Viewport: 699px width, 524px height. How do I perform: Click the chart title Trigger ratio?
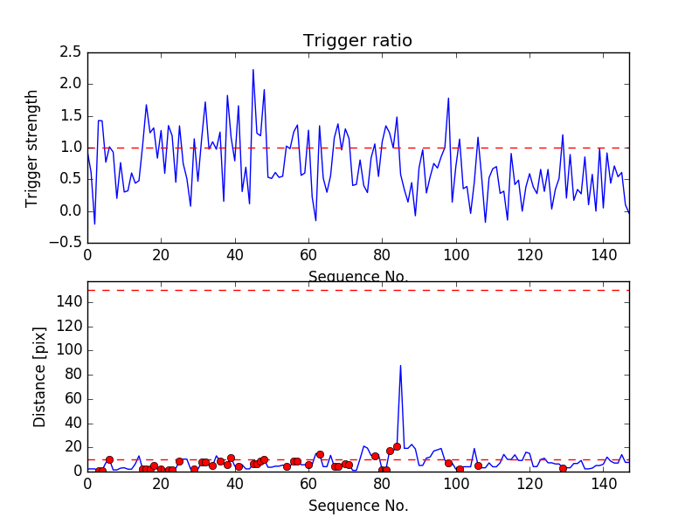click(357, 41)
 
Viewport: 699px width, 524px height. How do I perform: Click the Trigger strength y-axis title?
click(32, 148)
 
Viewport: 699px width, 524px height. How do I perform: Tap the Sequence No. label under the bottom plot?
click(357, 506)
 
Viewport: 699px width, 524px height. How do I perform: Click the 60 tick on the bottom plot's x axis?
click(308, 485)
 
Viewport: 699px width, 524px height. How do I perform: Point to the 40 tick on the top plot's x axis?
click(235, 256)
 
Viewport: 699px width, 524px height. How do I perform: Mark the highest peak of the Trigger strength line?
click(253, 70)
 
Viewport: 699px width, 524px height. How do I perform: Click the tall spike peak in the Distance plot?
click(400, 366)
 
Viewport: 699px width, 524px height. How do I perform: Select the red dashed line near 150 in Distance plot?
click(357, 290)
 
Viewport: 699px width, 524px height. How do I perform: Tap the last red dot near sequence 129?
click(563, 468)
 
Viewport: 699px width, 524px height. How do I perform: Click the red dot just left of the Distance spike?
click(397, 446)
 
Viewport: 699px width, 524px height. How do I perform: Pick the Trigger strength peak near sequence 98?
click(448, 99)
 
